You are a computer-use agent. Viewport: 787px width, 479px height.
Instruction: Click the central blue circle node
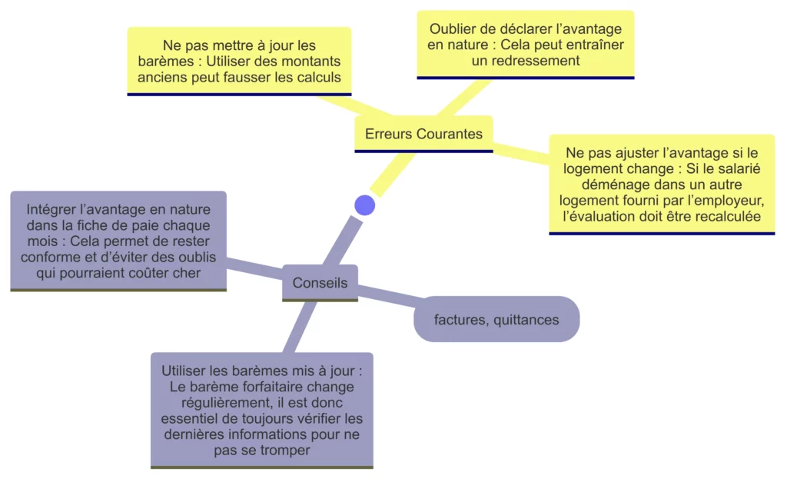point(364,205)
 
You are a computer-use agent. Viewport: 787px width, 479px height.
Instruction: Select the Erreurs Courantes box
point(423,134)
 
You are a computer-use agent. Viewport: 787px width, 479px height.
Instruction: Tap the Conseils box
point(320,283)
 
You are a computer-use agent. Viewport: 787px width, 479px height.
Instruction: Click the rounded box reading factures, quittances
point(496,319)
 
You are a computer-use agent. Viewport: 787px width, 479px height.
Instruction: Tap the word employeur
point(733,201)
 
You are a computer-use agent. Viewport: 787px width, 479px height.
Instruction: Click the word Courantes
point(449,134)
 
